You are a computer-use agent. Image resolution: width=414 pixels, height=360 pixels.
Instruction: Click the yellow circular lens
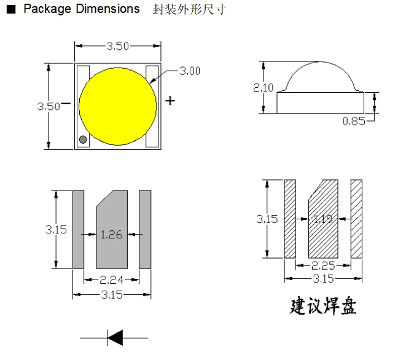tap(118, 106)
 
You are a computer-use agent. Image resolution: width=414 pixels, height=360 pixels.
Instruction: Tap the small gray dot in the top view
tap(83, 139)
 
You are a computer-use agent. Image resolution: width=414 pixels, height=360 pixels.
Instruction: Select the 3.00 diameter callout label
tap(190, 71)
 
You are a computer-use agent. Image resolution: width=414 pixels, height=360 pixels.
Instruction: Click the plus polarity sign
tap(170, 101)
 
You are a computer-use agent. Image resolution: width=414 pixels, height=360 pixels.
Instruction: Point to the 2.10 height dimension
tap(263, 87)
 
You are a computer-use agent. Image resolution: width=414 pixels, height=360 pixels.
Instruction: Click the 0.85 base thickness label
tap(354, 121)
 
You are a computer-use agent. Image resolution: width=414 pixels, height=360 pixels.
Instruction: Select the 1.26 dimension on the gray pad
tap(111, 235)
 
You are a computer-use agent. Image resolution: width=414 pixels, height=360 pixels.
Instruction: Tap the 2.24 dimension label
tap(111, 280)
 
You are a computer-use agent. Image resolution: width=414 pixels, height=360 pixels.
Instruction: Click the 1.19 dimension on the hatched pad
tap(323, 219)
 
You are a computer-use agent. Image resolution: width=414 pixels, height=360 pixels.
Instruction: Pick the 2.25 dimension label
tap(323, 266)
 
